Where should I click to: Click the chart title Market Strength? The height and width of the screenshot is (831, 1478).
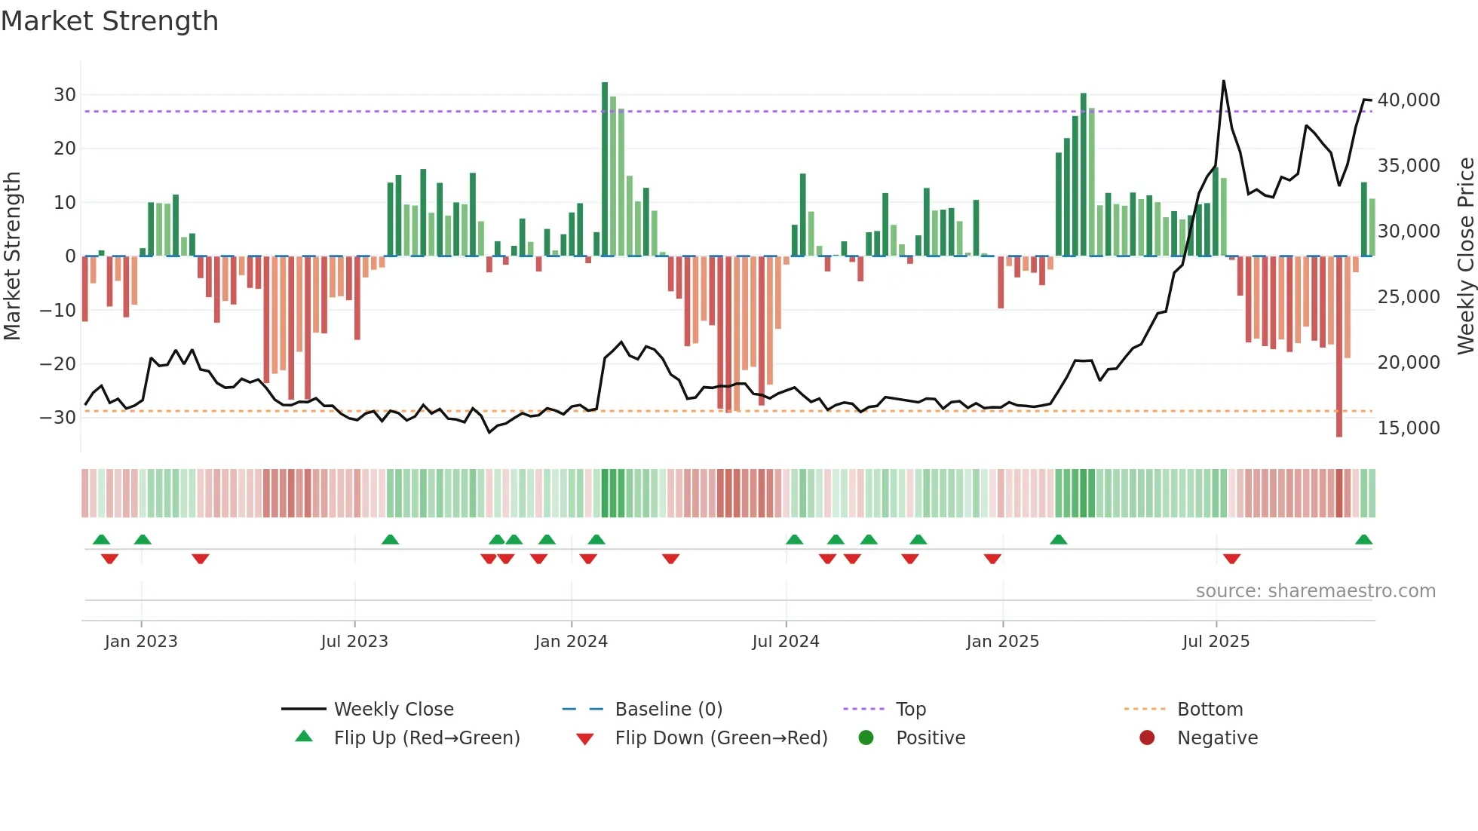point(109,21)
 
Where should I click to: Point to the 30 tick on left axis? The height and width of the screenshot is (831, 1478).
point(65,95)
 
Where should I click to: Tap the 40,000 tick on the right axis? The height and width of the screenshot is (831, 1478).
point(1408,100)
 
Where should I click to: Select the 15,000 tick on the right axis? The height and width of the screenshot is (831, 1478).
point(1408,428)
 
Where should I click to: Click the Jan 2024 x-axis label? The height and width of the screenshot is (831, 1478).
point(571,642)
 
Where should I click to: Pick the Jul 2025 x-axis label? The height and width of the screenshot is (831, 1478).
point(1216,642)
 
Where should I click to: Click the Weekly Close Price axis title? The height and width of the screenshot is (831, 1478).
point(1465,256)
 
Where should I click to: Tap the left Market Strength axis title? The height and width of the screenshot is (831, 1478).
point(13,256)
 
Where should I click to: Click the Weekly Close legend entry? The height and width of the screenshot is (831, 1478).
point(393,710)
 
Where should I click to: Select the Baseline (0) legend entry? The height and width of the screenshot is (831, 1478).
point(668,710)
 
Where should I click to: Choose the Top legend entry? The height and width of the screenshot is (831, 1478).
point(910,710)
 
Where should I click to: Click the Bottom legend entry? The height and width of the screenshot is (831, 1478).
point(1210,710)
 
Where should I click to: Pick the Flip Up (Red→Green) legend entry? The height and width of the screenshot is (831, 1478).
point(426,738)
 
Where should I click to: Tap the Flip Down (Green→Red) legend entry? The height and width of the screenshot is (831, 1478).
point(720,738)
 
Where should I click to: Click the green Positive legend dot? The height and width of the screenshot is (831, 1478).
point(866,738)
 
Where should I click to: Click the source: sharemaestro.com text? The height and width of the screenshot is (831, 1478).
point(1315,591)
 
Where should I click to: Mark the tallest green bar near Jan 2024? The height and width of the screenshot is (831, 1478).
point(605,170)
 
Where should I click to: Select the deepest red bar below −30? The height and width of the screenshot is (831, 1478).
point(1339,347)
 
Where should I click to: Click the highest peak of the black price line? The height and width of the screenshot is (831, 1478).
point(1223,81)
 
